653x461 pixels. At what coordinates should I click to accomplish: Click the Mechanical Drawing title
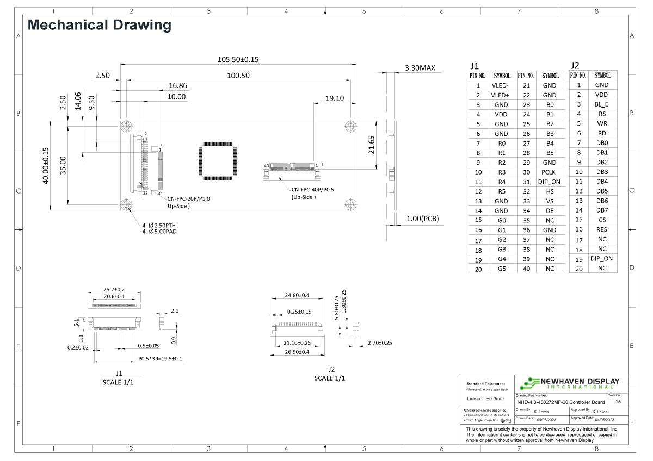click(99, 24)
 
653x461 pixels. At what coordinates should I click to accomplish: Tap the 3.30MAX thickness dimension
click(420, 68)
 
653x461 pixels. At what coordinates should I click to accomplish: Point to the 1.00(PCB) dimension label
click(422, 219)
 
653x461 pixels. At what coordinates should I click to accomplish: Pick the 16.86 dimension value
click(178, 85)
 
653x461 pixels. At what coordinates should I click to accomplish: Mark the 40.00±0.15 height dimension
click(46, 166)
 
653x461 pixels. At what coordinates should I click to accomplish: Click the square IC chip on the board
click(219, 161)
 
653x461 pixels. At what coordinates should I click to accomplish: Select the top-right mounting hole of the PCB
click(350, 126)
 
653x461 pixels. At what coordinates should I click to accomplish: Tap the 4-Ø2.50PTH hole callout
click(159, 225)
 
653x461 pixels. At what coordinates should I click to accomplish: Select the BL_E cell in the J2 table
click(601, 104)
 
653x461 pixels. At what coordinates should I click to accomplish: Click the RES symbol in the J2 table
click(601, 229)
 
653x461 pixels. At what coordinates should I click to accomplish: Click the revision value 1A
click(618, 401)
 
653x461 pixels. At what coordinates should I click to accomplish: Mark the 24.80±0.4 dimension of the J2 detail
click(297, 295)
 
